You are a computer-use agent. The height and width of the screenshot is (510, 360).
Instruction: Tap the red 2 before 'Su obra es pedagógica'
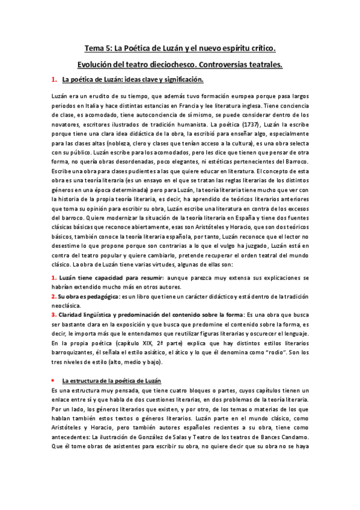[x=53, y=296]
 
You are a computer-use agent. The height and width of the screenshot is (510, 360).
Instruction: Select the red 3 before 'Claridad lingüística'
[x=53, y=315]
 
